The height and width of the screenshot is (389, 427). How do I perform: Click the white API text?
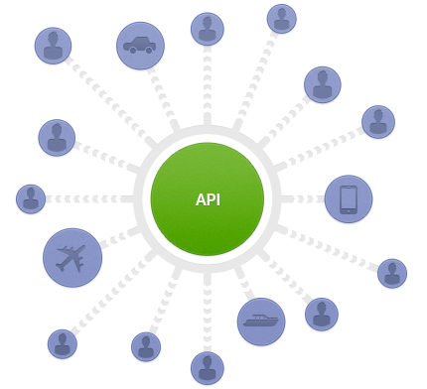point(208,199)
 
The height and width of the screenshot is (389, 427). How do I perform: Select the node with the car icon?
point(140,46)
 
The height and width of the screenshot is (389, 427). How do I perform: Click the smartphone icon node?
point(349,198)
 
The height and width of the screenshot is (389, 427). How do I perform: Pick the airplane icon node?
point(72,259)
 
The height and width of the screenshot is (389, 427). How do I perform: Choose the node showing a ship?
point(261,322)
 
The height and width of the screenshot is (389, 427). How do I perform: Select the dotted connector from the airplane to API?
point(120,236)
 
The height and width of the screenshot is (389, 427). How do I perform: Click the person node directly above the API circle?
point(207,29)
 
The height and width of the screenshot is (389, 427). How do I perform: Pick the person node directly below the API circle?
point(207,367)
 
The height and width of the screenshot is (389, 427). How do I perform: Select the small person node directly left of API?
point(31,198)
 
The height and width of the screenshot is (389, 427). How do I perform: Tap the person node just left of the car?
point(53,46)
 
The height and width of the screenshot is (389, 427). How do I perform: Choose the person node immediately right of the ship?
point(321,314)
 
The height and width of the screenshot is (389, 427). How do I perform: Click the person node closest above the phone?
point(377,121)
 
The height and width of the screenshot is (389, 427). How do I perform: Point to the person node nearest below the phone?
point(392,274)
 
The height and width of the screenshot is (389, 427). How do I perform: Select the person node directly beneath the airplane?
point(63,343)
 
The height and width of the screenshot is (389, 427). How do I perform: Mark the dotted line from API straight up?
point(207,89)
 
